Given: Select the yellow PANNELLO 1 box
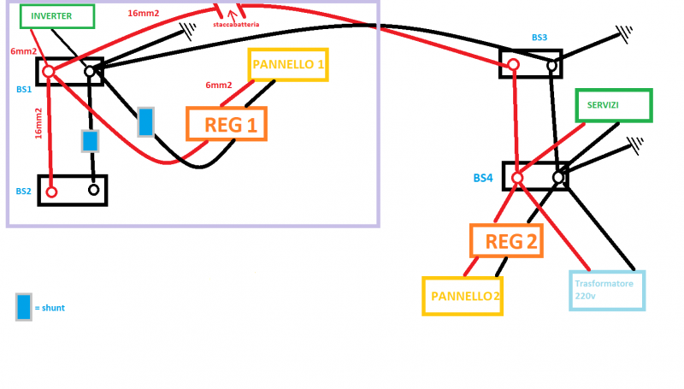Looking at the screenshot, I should (288, 64).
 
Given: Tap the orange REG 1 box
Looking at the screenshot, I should (227, 124).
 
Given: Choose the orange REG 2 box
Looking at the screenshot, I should (507, 241).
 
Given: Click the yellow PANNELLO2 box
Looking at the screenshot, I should (462, 296).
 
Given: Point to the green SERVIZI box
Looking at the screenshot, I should (613, 105).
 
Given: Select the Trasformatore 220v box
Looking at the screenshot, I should (606, 291).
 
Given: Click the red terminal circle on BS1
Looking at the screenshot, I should (49, 72).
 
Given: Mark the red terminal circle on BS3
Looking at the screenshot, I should (512, 65).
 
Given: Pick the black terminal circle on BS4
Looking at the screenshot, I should (558, 178).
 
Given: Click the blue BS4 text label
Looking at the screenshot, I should (483, 178).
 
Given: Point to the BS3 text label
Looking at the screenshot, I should (539, 38).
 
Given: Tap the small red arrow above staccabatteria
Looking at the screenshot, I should (230, 14).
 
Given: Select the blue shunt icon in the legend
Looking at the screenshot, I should (24, 307).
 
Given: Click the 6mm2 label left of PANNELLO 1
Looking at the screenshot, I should (218, 85).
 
